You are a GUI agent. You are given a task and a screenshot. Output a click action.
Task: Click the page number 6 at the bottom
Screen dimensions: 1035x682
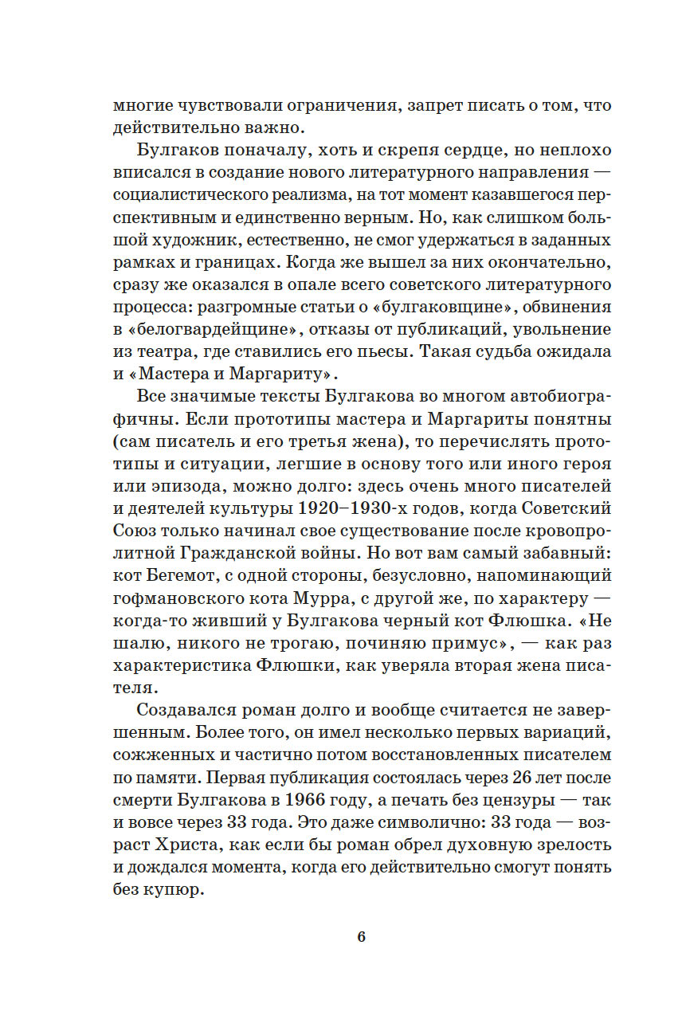click(361, 936)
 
